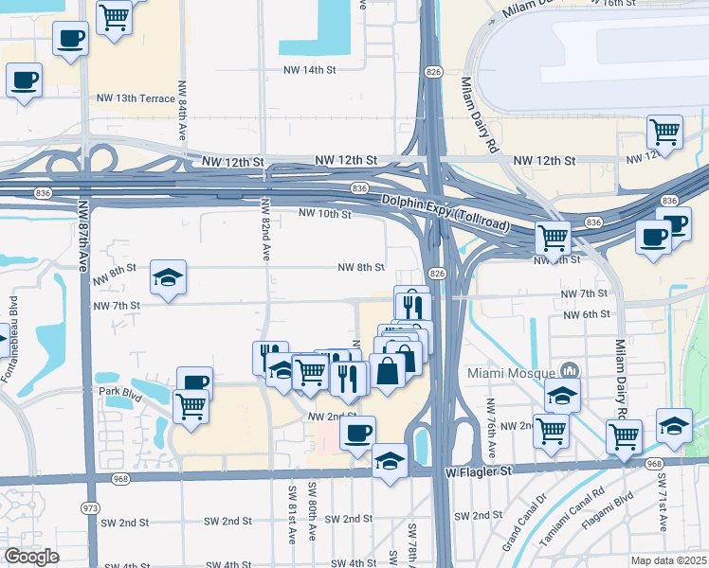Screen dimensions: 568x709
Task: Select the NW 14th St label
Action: tap(310, 70)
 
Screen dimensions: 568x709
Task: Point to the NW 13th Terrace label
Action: tap(136, 98)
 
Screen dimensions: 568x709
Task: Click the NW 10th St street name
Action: tap(325, 214)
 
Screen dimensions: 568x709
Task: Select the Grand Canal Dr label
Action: tap(527, 515)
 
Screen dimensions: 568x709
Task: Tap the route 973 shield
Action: tap(91, 508)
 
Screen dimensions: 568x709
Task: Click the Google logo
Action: tap(31, 557)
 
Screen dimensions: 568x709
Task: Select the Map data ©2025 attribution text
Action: tap(668, 560)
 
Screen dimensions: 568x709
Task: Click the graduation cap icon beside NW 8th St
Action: tap(168, 277)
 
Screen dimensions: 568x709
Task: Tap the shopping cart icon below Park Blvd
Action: tap(191, 407)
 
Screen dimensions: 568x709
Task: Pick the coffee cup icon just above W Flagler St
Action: tap(357, 434)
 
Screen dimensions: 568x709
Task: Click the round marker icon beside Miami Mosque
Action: tap(571, 369)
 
